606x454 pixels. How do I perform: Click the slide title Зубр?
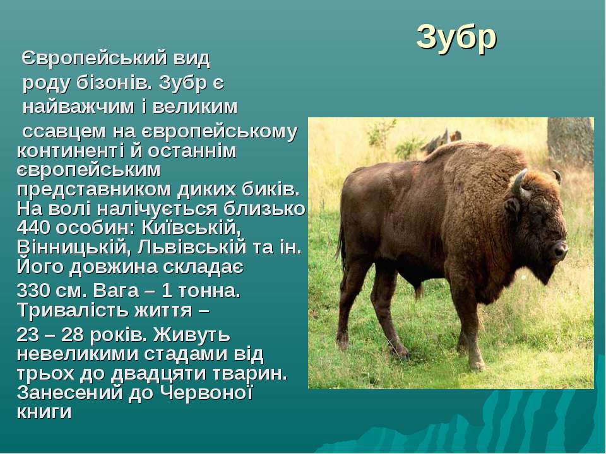click(456, 38)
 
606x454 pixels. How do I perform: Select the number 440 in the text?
click(33, 228)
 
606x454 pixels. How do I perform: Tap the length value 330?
click(33, 290)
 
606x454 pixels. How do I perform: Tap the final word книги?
click(44, 412)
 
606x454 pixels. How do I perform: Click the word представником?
click(94, 190)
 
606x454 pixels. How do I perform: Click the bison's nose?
click(560, 250)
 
